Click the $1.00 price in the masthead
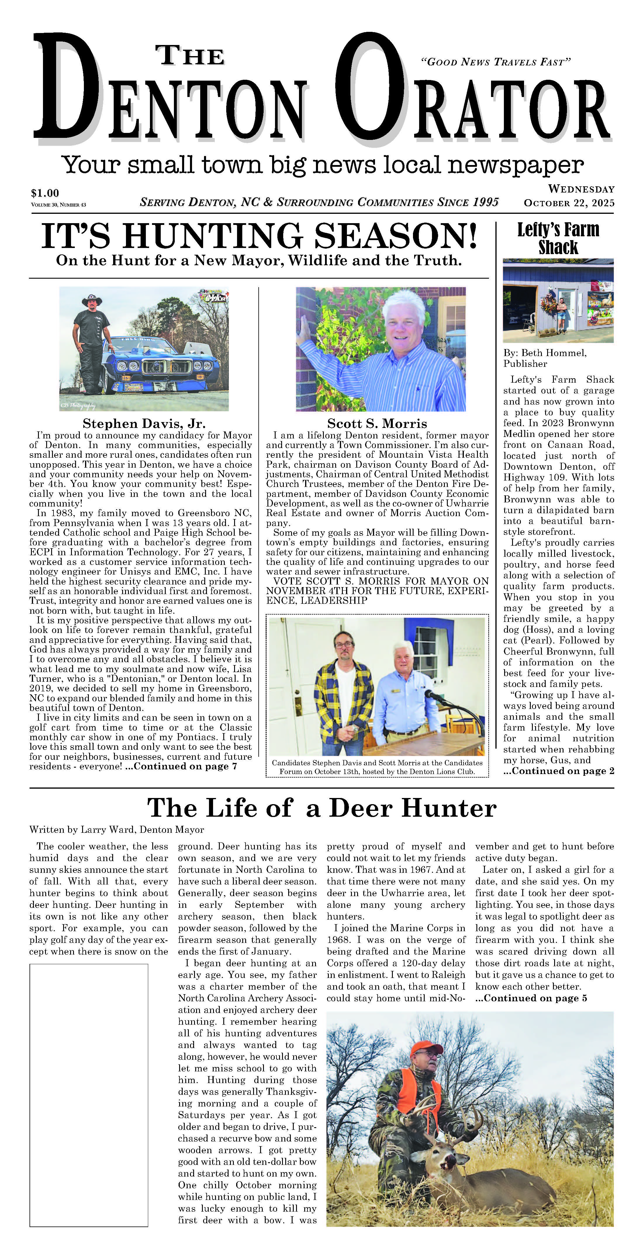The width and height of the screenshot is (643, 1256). tap(45, 193)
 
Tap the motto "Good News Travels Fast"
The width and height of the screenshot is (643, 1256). tap(495, 62)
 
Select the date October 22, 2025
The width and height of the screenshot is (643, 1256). tap(569, 203)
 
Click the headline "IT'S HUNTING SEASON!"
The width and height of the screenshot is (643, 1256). tap(259, 236)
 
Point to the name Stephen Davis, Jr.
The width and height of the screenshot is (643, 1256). tap(144, 423)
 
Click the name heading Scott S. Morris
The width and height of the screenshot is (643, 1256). tap(377, 423)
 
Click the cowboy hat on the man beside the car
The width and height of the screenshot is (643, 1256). tap(91, 300)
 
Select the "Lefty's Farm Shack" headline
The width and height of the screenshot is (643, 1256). tap(558, 238)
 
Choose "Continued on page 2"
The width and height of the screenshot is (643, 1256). tap(559, 771)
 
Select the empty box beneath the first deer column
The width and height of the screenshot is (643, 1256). tap(89, 1094)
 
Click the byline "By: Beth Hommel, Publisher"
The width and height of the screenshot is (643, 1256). tap(545, 358)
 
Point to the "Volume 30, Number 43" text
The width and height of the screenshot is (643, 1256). tap(58, 205)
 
